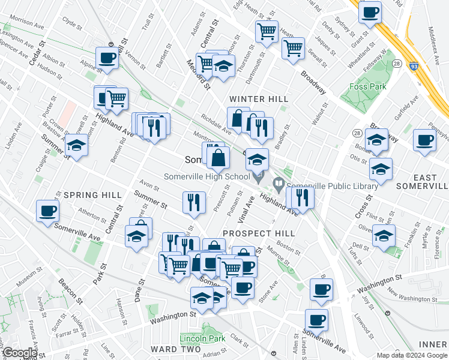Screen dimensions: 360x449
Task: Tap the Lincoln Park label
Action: click(202, 339)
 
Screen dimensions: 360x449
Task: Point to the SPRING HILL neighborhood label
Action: click(88, 195)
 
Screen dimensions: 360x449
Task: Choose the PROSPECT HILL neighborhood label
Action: click(258, 233)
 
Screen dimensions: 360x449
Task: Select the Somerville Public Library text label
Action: click(332, 186)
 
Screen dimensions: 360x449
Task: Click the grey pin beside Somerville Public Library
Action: click(279, 184)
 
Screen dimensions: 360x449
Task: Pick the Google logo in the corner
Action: click(19, 353)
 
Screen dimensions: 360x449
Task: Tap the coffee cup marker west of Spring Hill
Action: click(47, 211)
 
